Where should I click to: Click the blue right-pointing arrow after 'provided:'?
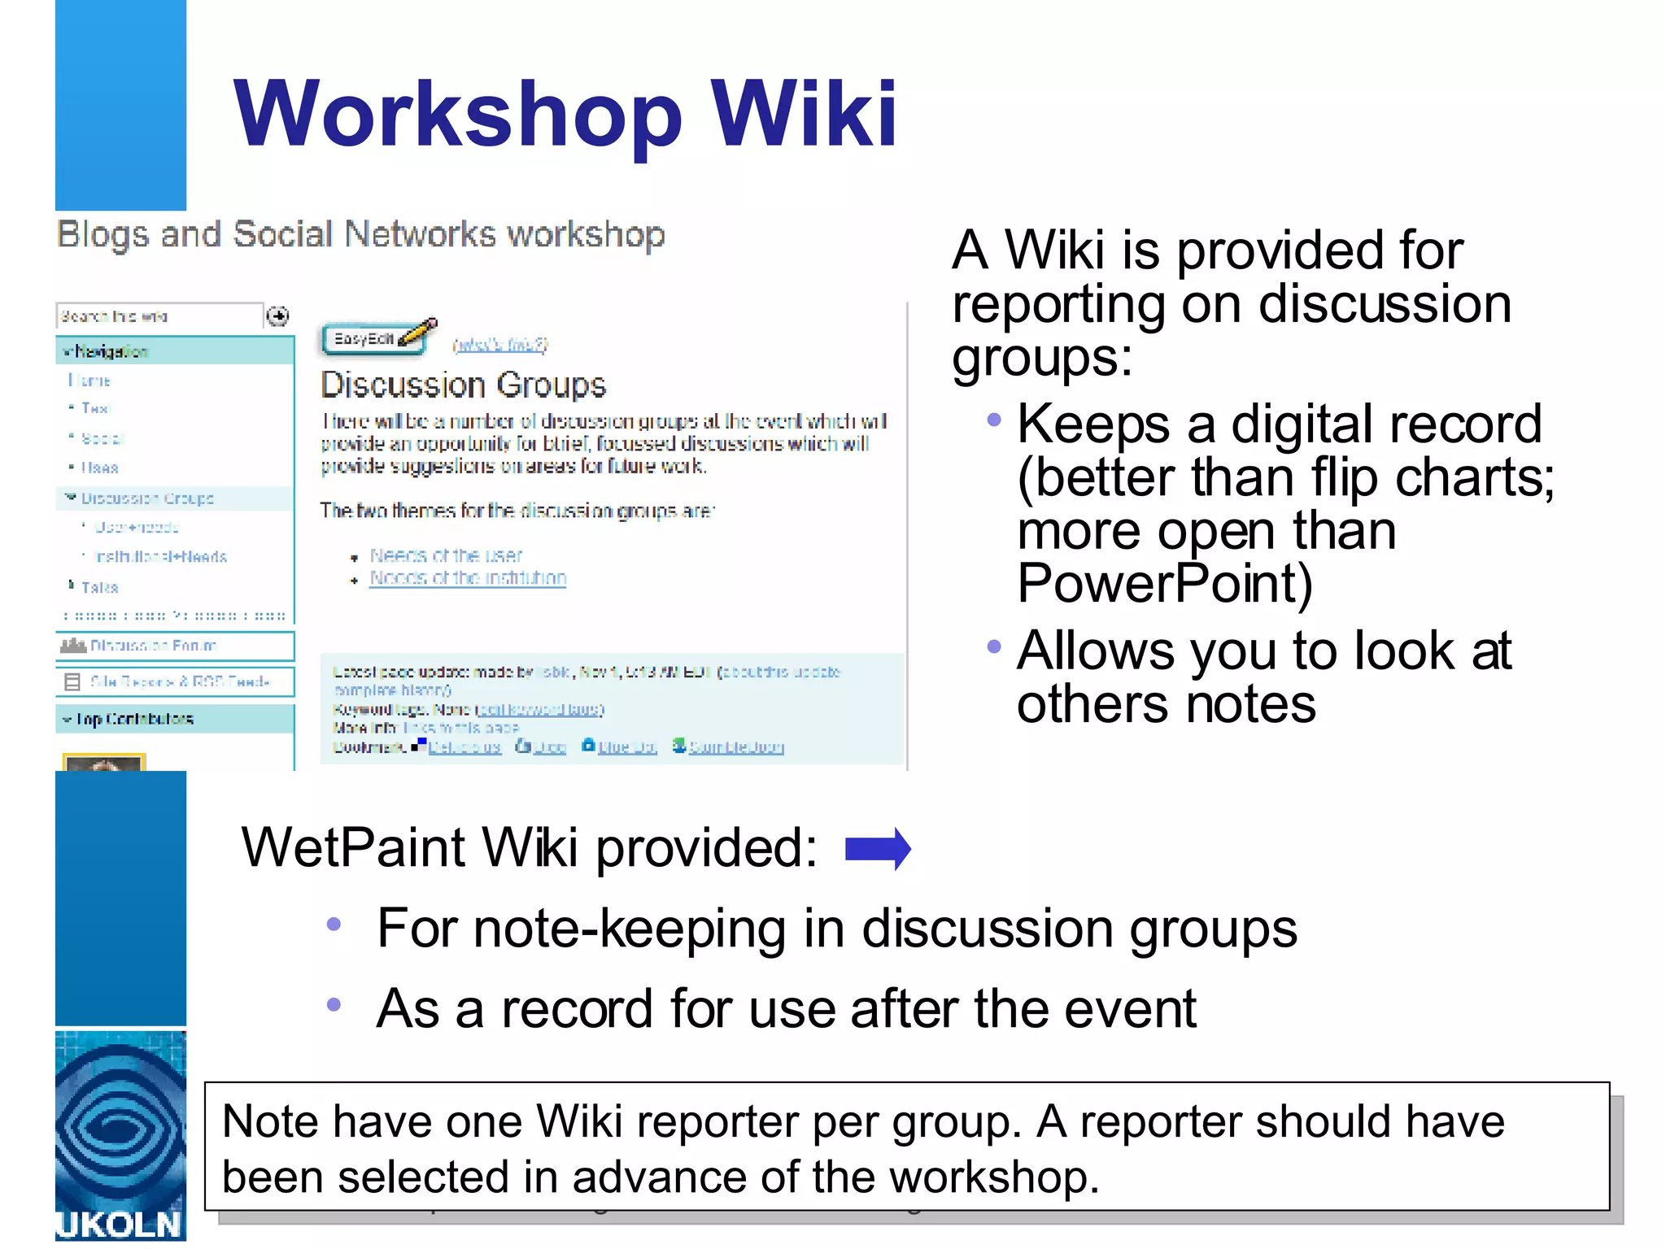[878, 849]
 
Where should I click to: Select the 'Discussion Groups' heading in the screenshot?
[463, 385]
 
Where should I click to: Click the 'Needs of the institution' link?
[468, 578]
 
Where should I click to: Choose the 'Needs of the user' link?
[446, 555]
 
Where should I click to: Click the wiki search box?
[159, 316]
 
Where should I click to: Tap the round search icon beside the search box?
[278, 316]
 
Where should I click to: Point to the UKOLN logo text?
[120, 1225]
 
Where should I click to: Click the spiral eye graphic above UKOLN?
[120, 1126]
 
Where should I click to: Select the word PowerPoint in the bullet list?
[1164, 583]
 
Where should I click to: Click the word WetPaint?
[353, 848]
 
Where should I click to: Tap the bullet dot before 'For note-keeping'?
[334, 925]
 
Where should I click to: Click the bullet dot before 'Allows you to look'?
[993, 647]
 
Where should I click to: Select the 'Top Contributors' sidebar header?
[134, 719]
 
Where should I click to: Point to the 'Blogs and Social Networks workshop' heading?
[361, 234]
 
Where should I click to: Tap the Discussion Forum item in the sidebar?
[153, 646]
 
